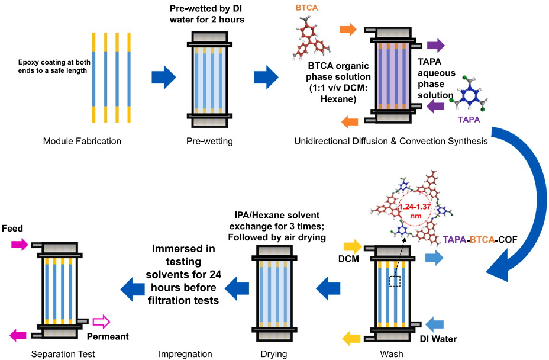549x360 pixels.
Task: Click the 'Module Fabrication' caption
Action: click(82, 142)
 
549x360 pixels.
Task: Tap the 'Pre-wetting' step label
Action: click(210, 142)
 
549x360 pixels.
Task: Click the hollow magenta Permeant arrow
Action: click(102, 322)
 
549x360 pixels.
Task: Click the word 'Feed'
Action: click(12, 228)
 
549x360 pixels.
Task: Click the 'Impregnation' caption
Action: click(185, 354)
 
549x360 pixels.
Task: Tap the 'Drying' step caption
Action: click(273, 354)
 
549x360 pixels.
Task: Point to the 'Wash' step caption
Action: click(391, 354)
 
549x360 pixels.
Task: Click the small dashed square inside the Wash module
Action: click(395, 281)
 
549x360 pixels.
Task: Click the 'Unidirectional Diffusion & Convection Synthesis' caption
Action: click(390, 142)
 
